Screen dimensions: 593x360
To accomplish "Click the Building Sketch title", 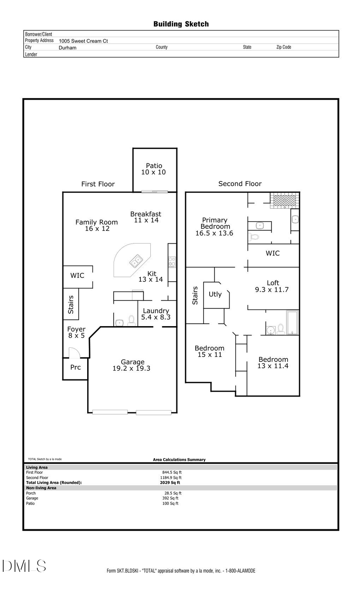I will pos(181,24).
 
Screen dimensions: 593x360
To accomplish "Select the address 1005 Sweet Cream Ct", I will pos(83,41).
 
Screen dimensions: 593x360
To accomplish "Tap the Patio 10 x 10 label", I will pos(154,169).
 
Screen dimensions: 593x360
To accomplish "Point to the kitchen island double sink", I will pos(136,261).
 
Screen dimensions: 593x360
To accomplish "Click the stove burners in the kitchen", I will pos(172,262).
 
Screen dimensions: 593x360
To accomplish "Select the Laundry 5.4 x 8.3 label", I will pos(156,314).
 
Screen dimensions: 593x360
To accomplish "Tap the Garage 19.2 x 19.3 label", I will pos(132,365).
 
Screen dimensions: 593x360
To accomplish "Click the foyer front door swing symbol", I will pos(74,353).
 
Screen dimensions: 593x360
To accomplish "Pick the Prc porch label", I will pos(75,367).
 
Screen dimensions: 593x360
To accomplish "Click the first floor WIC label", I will pos(77,275).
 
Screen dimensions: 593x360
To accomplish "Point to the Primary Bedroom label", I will pos(214,226).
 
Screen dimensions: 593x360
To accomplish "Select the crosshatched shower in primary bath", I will pos(284,200).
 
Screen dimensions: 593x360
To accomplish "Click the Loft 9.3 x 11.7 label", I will pos(272,286).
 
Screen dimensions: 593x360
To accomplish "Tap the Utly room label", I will pos(215,294).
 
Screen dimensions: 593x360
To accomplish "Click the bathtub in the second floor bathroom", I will pos(292,323).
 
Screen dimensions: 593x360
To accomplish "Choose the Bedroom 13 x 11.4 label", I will pos(273,363).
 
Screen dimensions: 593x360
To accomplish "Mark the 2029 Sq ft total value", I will pos(170,483).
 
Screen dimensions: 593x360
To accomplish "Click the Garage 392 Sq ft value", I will pos(170,498).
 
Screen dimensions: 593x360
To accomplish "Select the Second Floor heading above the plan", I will pos(240,184).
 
